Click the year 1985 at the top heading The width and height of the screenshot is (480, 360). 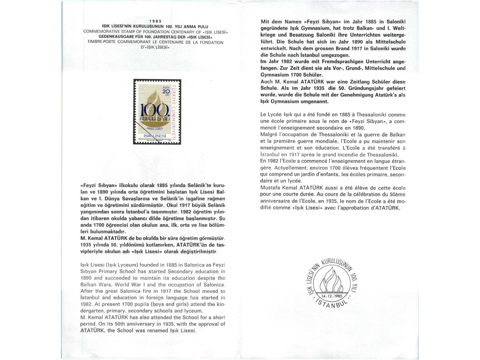click(155, 21)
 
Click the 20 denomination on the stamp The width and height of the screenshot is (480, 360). click(166, 91)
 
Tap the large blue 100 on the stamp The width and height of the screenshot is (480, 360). click(154, 111)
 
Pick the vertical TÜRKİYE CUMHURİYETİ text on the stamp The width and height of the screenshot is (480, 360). click(173, 112)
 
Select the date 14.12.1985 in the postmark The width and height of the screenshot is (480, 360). click(332, 296)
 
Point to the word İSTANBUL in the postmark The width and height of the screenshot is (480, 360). click(332, 304)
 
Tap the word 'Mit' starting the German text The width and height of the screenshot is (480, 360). click(265, 22)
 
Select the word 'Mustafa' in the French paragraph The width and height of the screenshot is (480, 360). click(269, 188)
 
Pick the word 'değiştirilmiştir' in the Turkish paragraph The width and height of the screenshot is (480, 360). click(200, 252)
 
